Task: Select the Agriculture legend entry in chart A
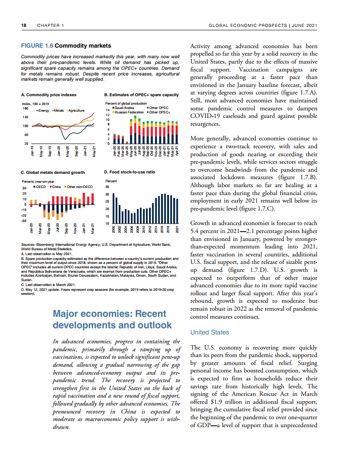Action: point(75,110)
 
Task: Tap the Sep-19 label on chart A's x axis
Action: point(50,151)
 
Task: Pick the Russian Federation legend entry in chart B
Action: point(129,112)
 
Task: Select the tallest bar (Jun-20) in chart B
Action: point(136,130)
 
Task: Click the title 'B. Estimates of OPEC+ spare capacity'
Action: point(141,95)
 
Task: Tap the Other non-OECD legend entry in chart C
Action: point(79,187)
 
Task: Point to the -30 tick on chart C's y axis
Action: point(24,220)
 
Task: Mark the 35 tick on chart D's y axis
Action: point(108,186)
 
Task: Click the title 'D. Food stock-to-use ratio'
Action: point(129,172)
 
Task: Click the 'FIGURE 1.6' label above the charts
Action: point(37,46)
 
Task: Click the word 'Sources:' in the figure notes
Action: point(29,244)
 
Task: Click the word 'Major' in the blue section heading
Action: point(67,314)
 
